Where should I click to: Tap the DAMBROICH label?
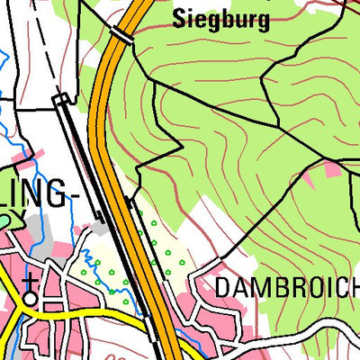click(286, 289)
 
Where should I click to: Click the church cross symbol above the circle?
click(30, 279)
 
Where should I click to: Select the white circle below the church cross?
click(31, 295)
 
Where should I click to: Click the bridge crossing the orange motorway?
click(121, 34)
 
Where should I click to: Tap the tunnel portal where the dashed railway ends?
click(61, 102)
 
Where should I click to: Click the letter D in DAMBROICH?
click(223, 289)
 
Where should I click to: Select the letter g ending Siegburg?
click(263, 22)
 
